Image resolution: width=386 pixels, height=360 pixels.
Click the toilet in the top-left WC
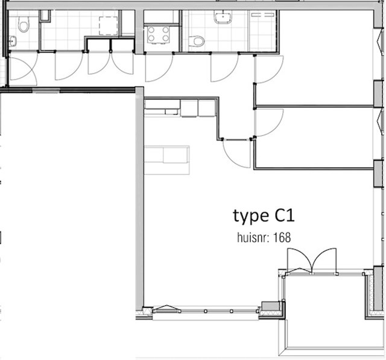click(x=24, y=24)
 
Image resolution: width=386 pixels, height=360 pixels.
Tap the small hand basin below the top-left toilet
click(x=12, y=41)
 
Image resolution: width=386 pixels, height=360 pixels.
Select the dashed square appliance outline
click(x=109, y=26)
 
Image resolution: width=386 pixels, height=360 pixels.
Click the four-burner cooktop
click(x=158, y=34)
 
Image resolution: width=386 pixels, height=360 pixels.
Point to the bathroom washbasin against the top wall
click(x=223, y=17)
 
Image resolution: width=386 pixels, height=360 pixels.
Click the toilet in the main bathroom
click(x=197, y=41)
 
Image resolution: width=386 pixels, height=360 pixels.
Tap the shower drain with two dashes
click(x=263, y=14)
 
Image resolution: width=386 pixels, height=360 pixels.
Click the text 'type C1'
click(x=264, y=216)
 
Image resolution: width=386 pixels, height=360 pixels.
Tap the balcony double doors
click(x=312, y=261)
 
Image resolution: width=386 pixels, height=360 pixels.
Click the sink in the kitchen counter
click(x=171, y=112)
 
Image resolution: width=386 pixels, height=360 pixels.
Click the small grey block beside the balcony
click(x=270, y=306)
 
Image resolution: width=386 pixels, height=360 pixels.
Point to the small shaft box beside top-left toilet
click(x=45, y=16)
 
